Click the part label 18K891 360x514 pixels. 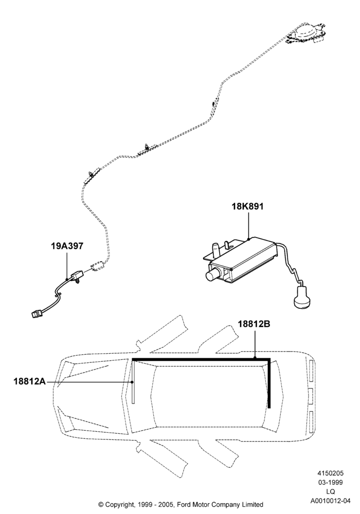pyautogui.click(x=247, y=207)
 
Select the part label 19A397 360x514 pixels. pyautogui.click(x=67, y=246)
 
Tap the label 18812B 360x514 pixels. pyautogui.click(x=254, y=324)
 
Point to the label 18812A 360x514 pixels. pyautogui.click(x=29, y=381)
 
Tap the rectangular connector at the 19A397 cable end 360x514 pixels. pyautogui.click(x=36, y=315)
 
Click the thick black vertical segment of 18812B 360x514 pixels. pyautogui.click(x=269, y=383)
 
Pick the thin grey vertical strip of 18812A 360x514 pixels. pyautogui.click(x=133, y=382)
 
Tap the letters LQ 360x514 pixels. pyautogui.click(x=330, y=491)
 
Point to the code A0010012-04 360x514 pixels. pyautogui.click(x=330, y=501)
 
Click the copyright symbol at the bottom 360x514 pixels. pyautogui.click(x=101, y=504)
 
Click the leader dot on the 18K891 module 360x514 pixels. pyautogui.click(x=248, y=239)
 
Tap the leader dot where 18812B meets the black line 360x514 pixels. pyautogui.click(x=255, y=358)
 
